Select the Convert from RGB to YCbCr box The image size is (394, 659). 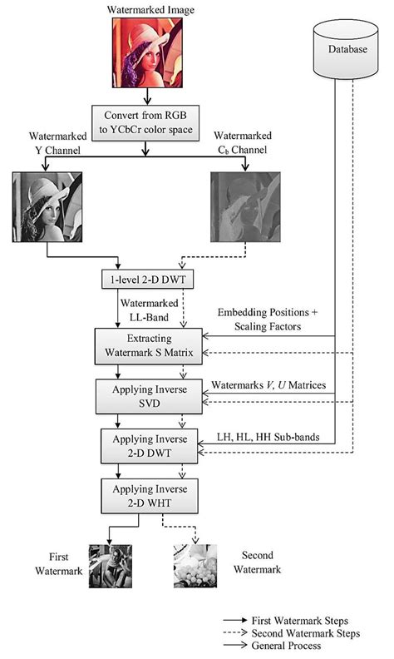pos(146,121)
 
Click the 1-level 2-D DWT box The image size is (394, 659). pos(146,276)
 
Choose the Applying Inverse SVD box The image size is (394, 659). pos(146,394)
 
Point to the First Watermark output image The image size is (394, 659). pos(111,567)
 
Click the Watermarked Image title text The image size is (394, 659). pos(146,8)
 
